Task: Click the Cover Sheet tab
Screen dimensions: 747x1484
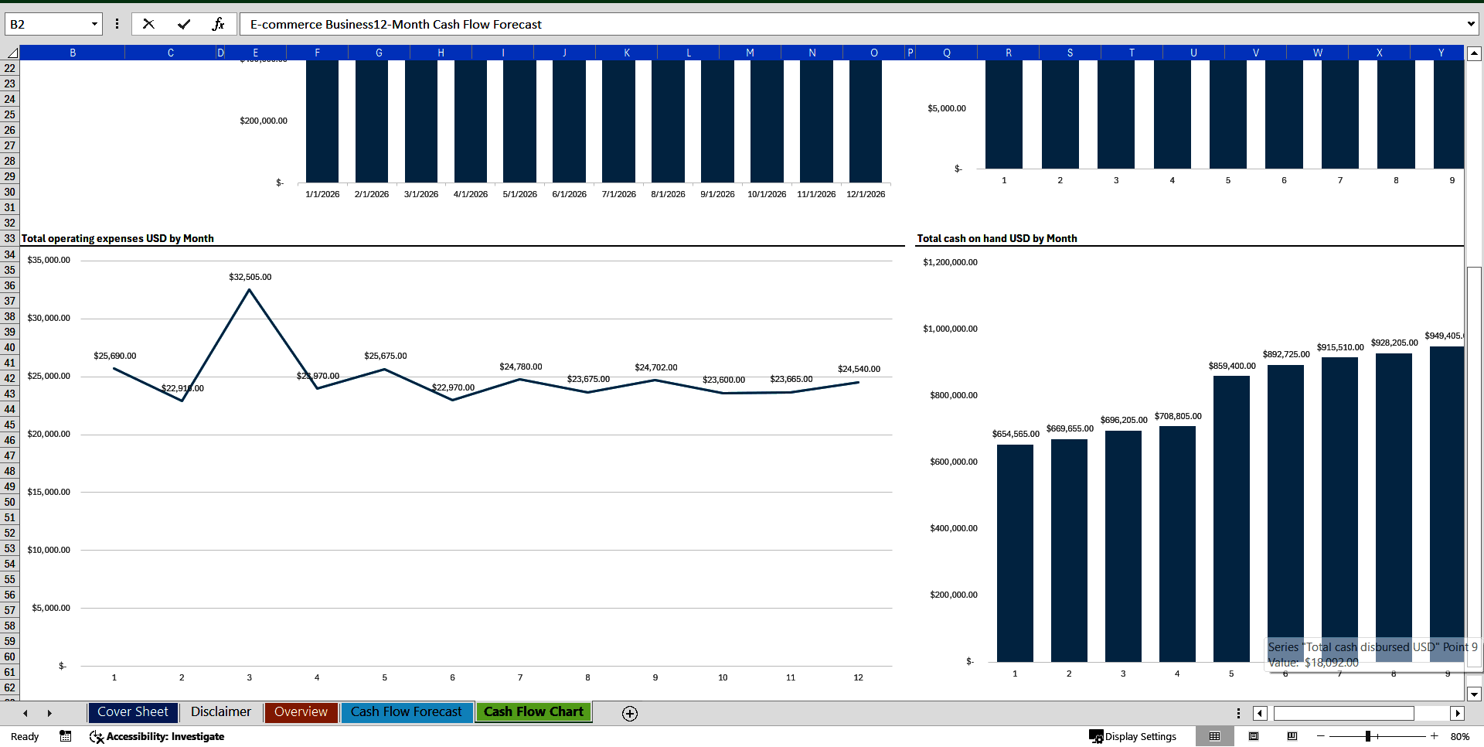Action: [132, 712]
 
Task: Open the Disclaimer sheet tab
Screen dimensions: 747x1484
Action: [220, 712]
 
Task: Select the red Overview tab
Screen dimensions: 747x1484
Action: [301, 712]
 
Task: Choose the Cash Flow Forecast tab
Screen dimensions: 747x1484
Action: [406, 712]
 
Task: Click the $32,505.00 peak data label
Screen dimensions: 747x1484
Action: [250, 277]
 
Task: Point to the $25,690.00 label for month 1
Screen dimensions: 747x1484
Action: [114, 356]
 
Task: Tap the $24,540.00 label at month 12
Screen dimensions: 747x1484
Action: [859, 369]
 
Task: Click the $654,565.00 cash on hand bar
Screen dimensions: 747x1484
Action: [1015, 553]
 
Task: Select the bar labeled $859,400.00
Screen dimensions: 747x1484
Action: [1231, 518]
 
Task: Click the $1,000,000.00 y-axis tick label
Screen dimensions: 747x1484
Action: [950, 329]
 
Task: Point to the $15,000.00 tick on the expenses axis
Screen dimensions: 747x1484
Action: [49, 492]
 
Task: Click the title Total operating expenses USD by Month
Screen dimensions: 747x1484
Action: [117, 238]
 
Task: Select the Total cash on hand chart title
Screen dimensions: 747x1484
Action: [996, 238]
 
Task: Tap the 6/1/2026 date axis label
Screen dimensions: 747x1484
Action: [569, 194]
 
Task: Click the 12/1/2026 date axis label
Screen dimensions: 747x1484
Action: [866, 194]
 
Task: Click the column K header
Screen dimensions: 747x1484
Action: [626, 53]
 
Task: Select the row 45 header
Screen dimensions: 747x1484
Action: [9, 425]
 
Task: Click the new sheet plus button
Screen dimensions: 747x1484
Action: [630, 714]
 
